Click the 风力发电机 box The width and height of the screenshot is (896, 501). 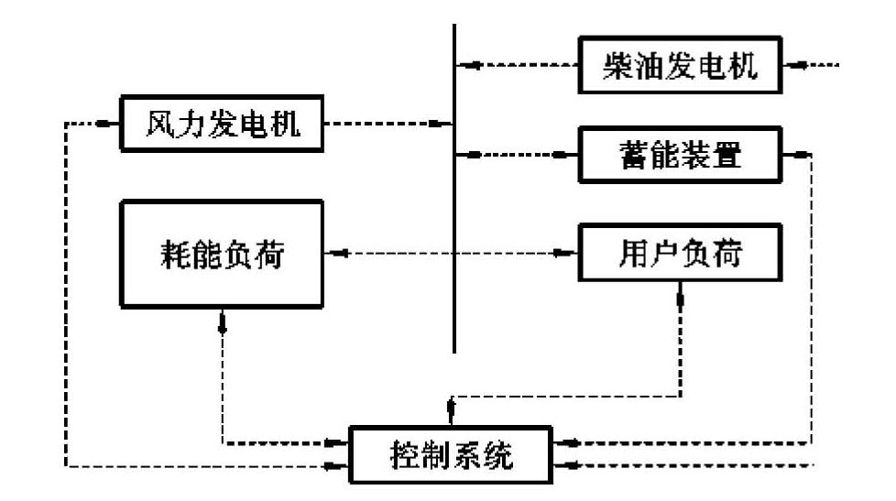click(x=223, y=123)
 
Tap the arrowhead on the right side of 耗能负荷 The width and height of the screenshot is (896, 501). click(x=336, y=254)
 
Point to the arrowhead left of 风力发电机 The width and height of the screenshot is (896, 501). click(x=109, y=123)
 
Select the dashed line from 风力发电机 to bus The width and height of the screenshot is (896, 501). click(x=385, y=123)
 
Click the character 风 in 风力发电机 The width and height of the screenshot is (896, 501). click(x=159, y=123)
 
